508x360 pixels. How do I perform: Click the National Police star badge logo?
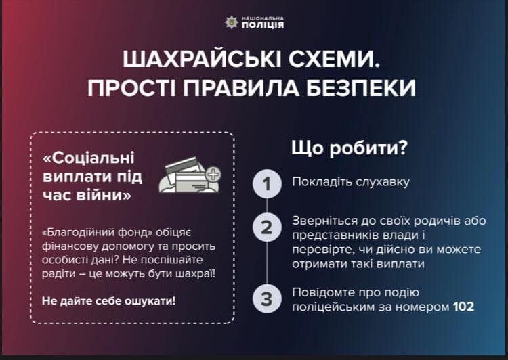click(232, 22)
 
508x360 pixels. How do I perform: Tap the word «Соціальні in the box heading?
click(88, 158)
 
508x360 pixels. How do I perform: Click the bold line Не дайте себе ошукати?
click(108, 300)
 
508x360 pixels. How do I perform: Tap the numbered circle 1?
click(267, 183)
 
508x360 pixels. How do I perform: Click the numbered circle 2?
click(267, 227)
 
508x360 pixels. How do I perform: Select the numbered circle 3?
click(267, 298)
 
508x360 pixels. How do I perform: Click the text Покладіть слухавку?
click(351, 183)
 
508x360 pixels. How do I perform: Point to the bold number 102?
click(463, 307)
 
